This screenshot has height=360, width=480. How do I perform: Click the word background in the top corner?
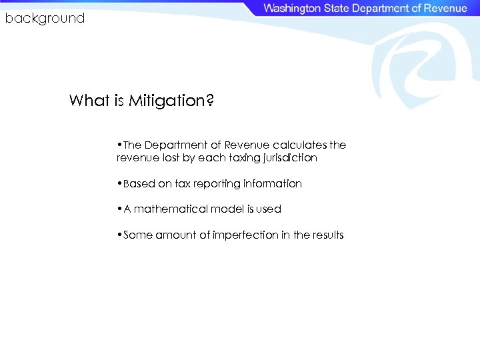(x=45, y=19)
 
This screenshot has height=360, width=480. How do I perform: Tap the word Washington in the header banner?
(x=291, y=9)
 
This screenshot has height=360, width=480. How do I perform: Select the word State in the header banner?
(x=337, y=9)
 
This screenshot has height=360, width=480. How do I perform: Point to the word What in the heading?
(x=87, y=101)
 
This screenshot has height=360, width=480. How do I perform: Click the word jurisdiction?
(x=289, y=158)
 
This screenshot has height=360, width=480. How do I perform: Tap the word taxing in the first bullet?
(x=241, y=158)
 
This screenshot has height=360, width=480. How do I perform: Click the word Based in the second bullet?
(x=139, y=183)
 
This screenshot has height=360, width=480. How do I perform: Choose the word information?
(x=273, y=183)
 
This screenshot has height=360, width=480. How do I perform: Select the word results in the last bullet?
(x=329, y=235)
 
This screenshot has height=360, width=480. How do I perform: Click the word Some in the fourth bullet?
(x=138, y=235)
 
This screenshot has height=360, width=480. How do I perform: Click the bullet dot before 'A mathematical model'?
(x=118, y=209)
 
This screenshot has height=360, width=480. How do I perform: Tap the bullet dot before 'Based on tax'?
(x=118, y=183)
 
